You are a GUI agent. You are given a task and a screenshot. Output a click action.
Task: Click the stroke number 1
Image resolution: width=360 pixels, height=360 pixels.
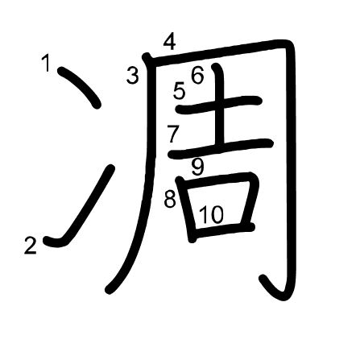(47, 63)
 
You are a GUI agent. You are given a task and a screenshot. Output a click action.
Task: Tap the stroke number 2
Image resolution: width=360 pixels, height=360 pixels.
(30, 246)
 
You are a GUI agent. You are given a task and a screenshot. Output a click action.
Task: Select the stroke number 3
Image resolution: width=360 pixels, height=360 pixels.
(133, 76)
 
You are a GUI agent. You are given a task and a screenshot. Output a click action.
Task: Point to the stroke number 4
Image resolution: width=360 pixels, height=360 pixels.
(170, 42)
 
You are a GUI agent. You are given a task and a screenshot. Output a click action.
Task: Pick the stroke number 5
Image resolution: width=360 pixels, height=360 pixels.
(179, 91)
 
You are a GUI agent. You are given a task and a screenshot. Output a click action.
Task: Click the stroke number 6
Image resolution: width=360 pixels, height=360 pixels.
(197, 75)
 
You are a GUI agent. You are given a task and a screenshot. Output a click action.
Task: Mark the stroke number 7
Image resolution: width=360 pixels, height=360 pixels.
(173, 134)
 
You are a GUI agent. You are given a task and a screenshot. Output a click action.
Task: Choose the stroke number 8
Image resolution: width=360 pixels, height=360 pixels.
(170, 199)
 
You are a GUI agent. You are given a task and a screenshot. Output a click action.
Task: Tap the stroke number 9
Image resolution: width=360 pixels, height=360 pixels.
(198, 167)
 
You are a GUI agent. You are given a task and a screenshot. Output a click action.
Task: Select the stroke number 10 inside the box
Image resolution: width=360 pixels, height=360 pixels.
(211, 215)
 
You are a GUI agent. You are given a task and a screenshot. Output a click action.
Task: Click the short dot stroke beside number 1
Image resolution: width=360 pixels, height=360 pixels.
(80, 87)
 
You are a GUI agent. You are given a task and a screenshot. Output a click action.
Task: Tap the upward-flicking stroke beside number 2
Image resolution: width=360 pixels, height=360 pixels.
(81, 208)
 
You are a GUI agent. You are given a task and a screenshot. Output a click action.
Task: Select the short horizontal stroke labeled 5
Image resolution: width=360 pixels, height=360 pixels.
(218, 105)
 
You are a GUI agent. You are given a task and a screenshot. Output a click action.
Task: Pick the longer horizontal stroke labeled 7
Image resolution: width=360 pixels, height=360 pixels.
(220, 148)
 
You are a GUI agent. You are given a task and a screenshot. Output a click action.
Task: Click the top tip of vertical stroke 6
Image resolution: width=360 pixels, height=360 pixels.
(215, 66)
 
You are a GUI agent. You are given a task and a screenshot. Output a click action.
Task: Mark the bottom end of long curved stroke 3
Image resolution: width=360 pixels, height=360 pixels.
(108, 290)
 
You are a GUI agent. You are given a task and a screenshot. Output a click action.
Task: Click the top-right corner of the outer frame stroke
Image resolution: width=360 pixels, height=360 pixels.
(289, 43)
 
